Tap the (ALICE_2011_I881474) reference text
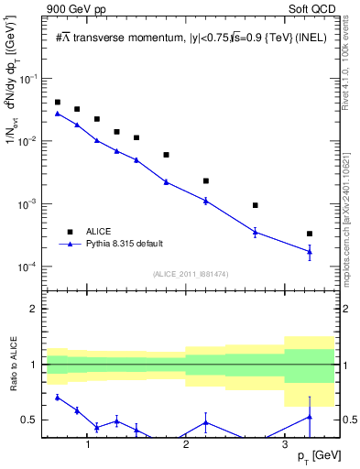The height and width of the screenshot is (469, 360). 190,274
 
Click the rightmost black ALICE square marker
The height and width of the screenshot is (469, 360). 310,234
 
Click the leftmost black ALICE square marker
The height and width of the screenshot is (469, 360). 58,103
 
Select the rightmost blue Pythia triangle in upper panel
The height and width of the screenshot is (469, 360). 310,252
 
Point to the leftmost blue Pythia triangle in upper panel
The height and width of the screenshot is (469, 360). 58,114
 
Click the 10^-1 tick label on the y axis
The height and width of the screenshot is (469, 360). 30,80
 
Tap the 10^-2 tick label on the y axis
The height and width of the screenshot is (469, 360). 30,142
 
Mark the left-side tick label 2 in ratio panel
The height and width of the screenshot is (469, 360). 35,309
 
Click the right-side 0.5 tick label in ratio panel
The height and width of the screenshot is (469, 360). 349,420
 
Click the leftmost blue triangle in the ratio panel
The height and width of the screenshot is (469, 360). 58,398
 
